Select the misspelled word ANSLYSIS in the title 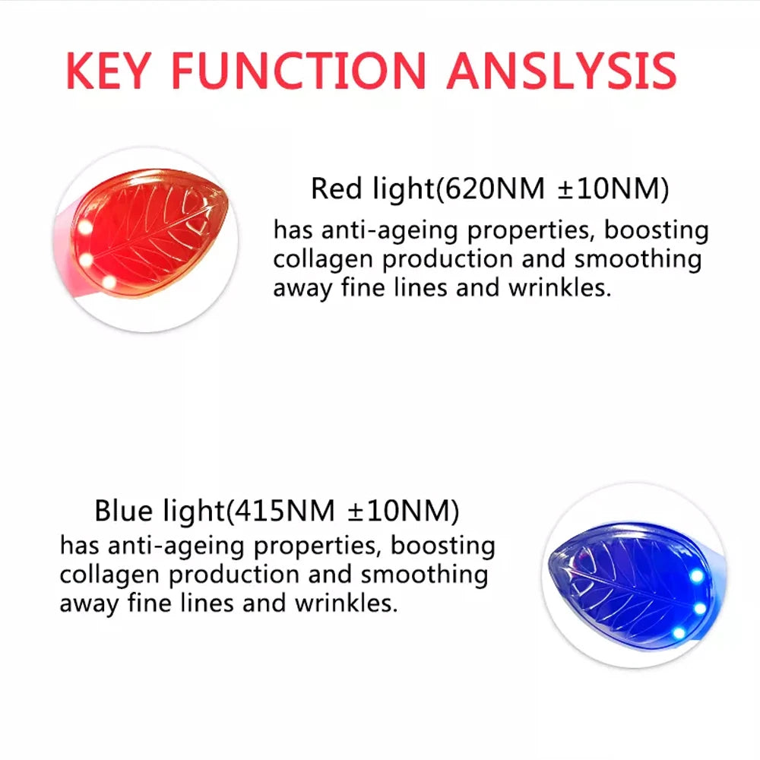562,70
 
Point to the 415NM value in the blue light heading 285,511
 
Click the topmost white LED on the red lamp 85,227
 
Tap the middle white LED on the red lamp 86,260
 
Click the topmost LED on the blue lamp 696,576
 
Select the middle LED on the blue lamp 699,608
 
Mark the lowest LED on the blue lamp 676,632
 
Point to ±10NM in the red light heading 613,188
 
